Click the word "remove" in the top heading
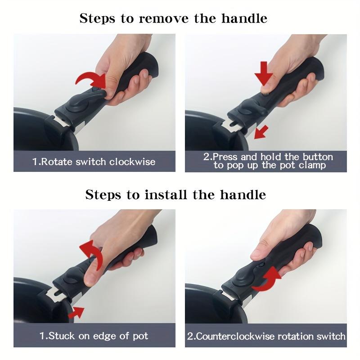tap(164, 18)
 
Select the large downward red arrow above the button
tap(264, 73)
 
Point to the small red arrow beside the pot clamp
tap(261, 132)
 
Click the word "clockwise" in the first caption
tap(132, 162)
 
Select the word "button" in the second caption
tap(318, 157)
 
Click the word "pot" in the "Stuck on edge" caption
tap(140, 336)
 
